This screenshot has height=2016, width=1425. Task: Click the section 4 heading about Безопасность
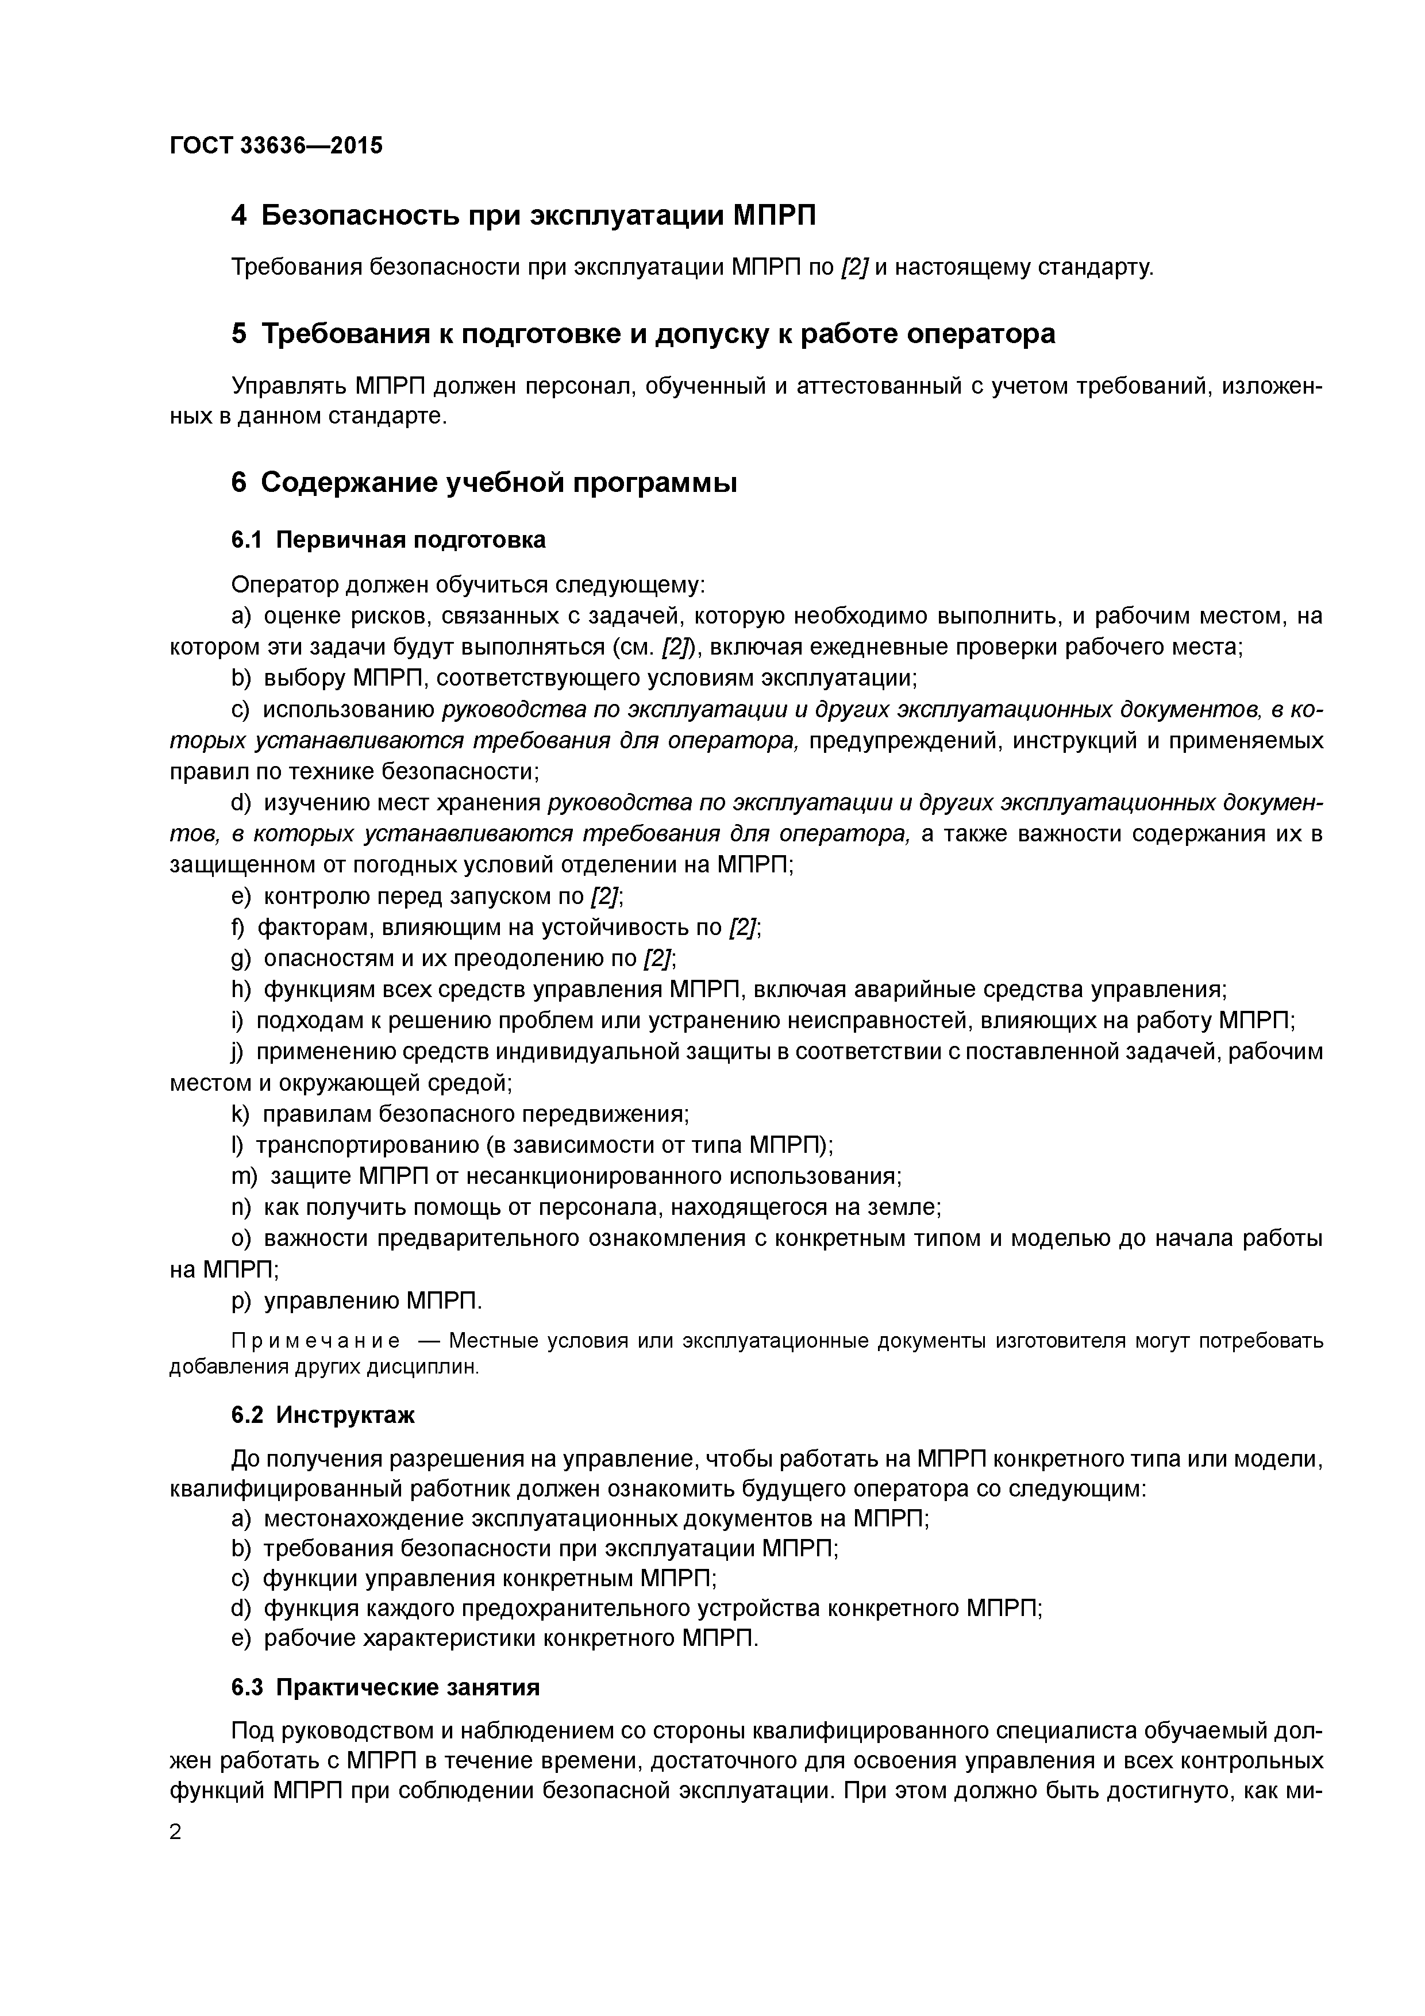(x=523, y=215)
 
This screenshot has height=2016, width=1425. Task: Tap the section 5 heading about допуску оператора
(x=643, y=334)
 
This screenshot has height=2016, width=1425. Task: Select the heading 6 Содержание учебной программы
(x=484, y=483)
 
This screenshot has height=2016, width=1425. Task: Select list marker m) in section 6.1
(x=244, y=1176)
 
